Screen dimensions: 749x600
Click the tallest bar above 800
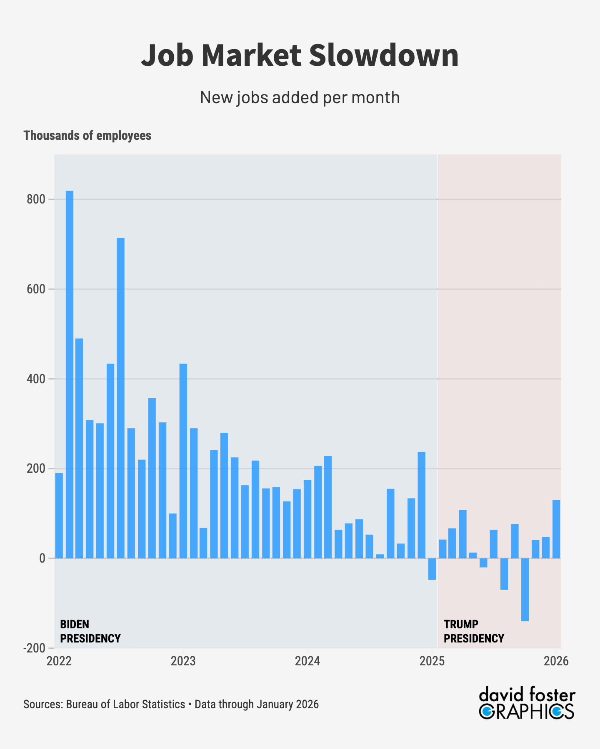(x=70, y=374)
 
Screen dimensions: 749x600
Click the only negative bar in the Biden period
(x=432, y=569)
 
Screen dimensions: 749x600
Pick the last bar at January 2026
(x=556, y=529)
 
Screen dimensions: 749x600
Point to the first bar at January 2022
(x=59, y=516)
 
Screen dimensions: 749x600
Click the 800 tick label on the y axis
(x=36, y=200)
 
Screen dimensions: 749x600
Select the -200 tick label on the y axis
(x=35, y=648)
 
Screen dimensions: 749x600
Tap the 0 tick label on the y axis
(x=42, y=558)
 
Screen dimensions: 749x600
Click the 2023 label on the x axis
(x=183, y=661)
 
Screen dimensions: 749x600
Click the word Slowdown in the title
(x=384, y=55)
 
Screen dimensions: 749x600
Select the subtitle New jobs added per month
(x=300, y=97)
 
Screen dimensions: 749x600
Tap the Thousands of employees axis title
(x=87, y=136)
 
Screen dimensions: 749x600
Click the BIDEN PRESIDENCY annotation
(x=90, y=631)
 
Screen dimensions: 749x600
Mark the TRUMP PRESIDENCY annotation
(x=474, y=631)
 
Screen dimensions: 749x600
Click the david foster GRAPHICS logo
(x=527, y=704)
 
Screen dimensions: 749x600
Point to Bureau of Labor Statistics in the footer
(x=125, y=704)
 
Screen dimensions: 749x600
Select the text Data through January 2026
(x=256, y=704)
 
